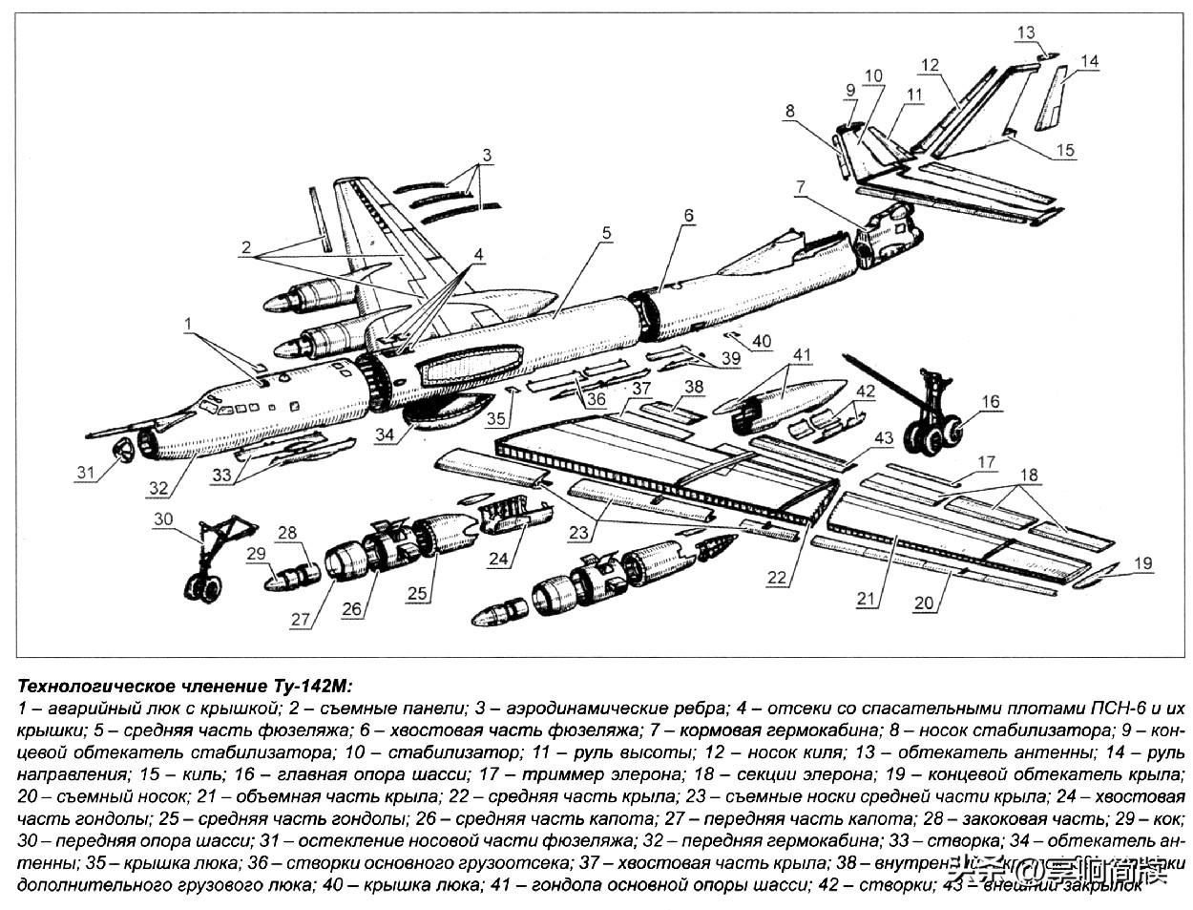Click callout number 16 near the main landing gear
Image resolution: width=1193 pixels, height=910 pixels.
[991, 402]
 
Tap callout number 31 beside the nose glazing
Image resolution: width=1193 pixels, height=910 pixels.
[86, 473]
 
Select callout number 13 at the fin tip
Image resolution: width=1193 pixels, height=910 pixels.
[1024, 32]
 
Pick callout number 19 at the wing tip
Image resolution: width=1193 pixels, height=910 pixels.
[1143, 564]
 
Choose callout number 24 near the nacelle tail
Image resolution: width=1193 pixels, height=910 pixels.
[498, 560]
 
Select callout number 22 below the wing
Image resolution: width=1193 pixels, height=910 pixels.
[778, 578]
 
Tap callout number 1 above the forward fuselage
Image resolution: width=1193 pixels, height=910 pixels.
[188, 324]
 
